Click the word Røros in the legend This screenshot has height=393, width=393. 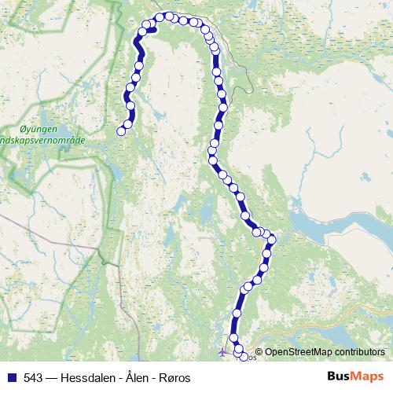click(174, 378)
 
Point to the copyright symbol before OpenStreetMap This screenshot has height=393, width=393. click(259, 352)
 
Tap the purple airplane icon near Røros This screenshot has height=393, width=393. click(222, 351)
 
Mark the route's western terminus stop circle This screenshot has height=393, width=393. click(121, 131)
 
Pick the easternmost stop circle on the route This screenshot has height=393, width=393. click(273, 240)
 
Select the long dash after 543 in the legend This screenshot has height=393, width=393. click(54, 378)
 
